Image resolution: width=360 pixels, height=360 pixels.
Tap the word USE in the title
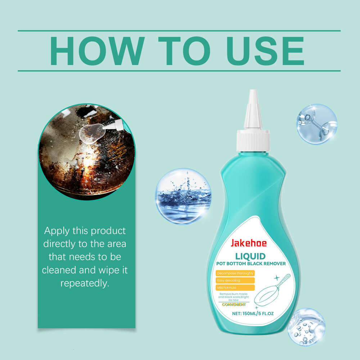[x=265, y=51]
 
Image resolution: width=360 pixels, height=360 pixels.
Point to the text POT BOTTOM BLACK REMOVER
[x=251, y=264]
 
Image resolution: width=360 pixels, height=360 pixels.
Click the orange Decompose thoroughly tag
[x=235, y=273]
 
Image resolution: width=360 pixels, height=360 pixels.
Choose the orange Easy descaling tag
[x=235, y=280]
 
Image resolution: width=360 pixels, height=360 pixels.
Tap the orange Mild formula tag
[x=235, y=287]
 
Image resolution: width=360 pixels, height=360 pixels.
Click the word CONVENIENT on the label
[x=234, y=305]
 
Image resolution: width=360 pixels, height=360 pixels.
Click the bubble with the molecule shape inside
[x=316, y=124]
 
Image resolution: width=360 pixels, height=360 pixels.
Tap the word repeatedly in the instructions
[x=85, y=283]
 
